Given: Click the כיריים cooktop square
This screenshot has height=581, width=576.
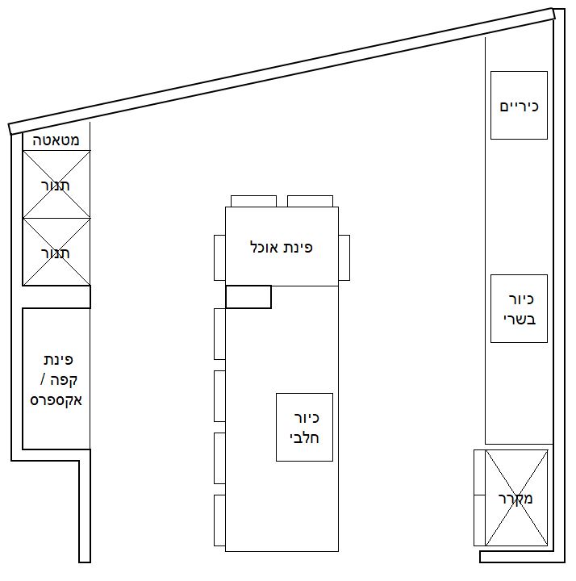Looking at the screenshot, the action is coord(519,105).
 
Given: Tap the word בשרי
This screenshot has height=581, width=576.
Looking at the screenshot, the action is coord(520,320).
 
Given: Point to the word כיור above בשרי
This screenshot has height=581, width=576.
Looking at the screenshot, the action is coord(521,299).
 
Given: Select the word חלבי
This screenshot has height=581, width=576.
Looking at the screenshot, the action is coord(304,438).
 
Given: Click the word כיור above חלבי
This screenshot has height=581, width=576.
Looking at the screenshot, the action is coord(307,418).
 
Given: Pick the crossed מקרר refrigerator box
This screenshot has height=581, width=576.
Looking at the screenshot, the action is coord(516,498).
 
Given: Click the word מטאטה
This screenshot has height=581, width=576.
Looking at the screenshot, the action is coord(56,140).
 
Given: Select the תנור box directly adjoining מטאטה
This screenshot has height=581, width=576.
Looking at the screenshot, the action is coord(56,184).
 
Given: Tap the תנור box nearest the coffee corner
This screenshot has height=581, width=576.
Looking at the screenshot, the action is coord(56,252).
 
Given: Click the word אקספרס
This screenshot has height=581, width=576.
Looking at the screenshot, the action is coord(56,400).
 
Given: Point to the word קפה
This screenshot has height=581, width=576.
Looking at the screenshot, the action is coord(64,380).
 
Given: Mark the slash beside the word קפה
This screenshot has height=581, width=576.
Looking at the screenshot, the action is coord(43,380).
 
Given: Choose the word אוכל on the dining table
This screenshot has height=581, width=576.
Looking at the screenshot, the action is coord(264,247).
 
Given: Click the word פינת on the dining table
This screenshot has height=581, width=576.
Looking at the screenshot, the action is coord(298,247).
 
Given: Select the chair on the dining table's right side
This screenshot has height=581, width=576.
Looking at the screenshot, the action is coord(344,257).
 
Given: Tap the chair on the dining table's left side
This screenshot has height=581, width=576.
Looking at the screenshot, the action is coord(219,257).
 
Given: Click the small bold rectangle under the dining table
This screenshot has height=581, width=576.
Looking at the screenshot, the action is coord(248,297).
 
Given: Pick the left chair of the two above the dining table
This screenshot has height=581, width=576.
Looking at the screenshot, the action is coord(253,201).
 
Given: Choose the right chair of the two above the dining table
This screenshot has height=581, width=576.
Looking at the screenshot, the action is coord(310,201).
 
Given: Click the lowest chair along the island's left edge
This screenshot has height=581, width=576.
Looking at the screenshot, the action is coord(219,520).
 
